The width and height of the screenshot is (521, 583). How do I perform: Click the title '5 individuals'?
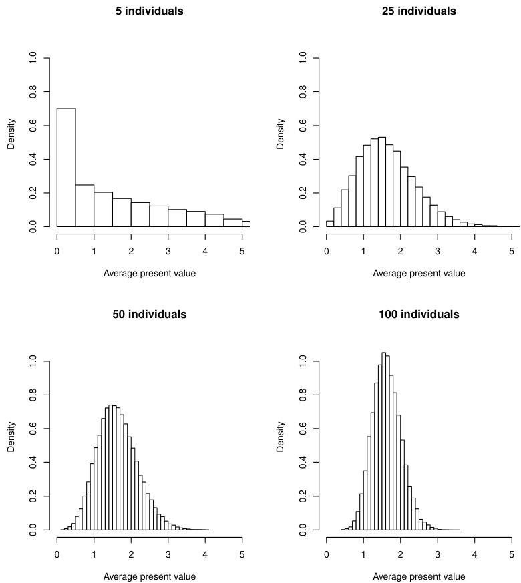[x=150, y=11]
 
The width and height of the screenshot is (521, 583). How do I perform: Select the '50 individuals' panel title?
[x=150, y=314]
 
